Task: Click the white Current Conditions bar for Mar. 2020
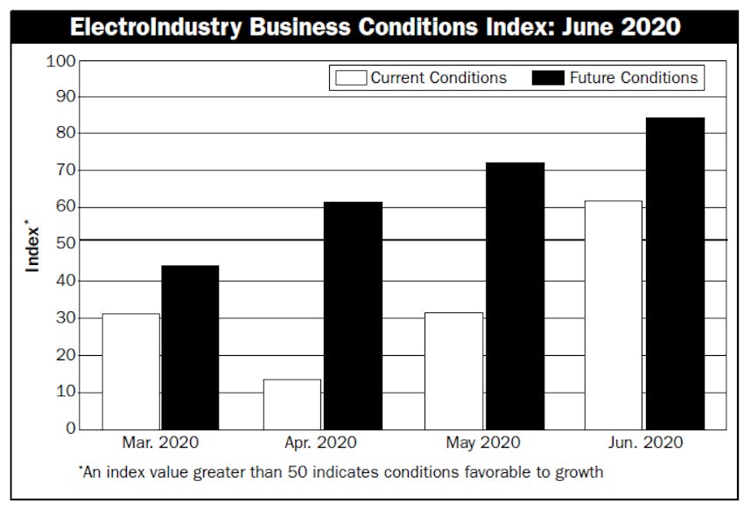pyautogui.click(x=130, y=372)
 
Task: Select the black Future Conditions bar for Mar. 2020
pyautogui.click(x=190, y=347)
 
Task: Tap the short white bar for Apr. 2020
pyautogui.click(x=291, y=404)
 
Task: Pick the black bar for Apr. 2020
pyautogui.click(x=352, y=316)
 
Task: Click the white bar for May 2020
pyautogui.click(x=453, y=371)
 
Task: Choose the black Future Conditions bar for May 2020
pyautogui.click(x=514, y=296)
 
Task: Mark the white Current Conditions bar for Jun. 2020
pyautogui.click(x=614, y=315)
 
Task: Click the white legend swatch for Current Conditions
pyautogui.click(x=349, y=78)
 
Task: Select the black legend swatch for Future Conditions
pyautogui.click(x=548, y=78)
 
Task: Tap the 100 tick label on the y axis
pyautogui.click(x=60, y=60)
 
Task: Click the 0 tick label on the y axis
pyautogui.click(x=70, y=429)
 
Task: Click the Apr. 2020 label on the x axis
pyautogui.click(x=320, y=443)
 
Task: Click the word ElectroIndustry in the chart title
pyautogui.click(x=156, y=27)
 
